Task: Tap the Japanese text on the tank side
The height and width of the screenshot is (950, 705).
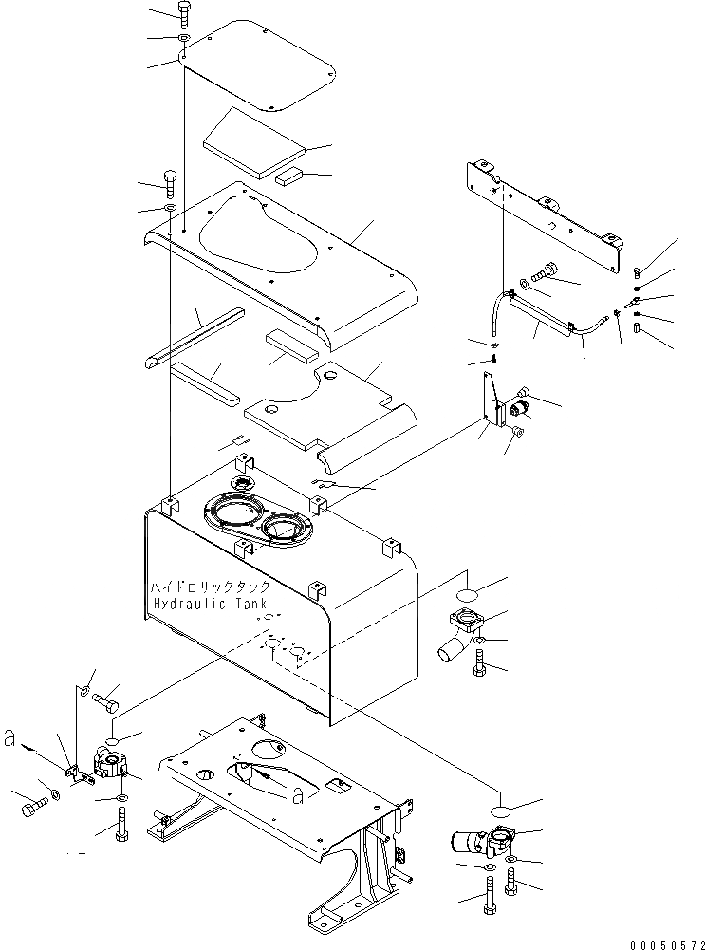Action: pos(210,587)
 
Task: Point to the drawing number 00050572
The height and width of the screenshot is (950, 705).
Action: pos(667,945)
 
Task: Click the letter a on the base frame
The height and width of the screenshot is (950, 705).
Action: pos(297,796)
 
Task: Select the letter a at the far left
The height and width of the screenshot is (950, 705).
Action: pos(9,739)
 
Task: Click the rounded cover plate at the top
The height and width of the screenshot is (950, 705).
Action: pos(258,66)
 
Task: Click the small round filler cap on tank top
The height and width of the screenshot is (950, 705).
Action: pos(243,483)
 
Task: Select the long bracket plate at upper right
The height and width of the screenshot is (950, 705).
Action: pos(544,214)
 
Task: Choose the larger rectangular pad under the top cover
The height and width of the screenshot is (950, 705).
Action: pos(255,143)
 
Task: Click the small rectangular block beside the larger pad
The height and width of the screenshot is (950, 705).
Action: pos(288,176)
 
